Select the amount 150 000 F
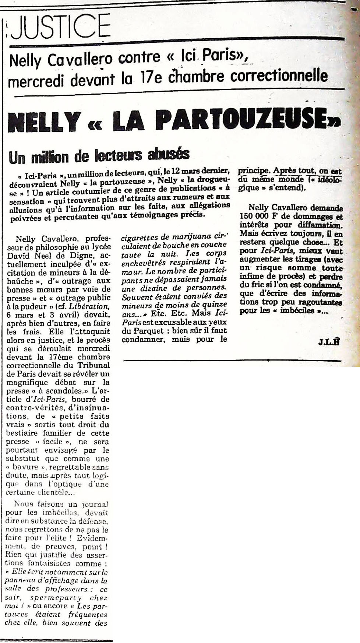(x=257, y=216)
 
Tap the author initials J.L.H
(x=328, y=341)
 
